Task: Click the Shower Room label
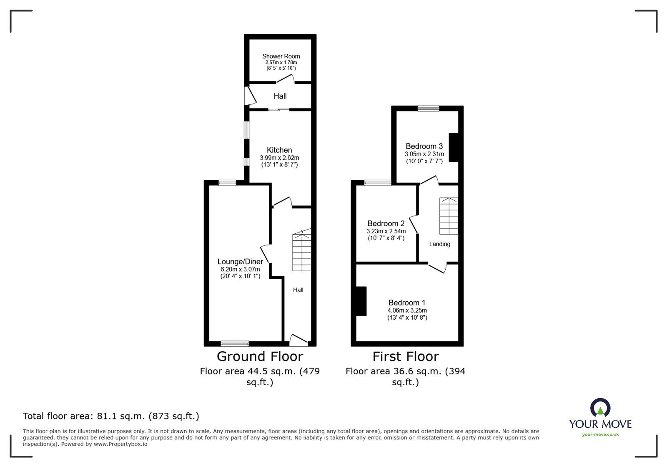click(x=281, y=56)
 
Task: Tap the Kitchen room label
click(x=279, y=150)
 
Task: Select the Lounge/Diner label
click(x=240, y=262)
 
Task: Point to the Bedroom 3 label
click(x=424, y=146)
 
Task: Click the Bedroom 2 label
click(x=386, y=224)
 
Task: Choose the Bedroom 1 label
click(x=407, y=303)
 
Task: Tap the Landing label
click(x=439, y=244)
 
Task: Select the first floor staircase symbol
click(x=449, y=216)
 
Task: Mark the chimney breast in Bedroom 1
click(x=361, y=301)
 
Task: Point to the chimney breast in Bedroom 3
click(x=454, y=147)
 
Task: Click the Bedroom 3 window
click(x=428, y=109)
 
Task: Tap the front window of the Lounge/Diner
click(x=235, y=343)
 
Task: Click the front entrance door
click(x=298, y=341)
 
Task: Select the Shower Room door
click(x=285, y=79)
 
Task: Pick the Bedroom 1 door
click(x=437, y=268)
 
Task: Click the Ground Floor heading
click(x=260, y=357)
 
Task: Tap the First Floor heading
click(x=406, y=357)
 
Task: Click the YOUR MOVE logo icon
click(x=600, y=407)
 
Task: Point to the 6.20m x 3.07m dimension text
click(x=240, y=269)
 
